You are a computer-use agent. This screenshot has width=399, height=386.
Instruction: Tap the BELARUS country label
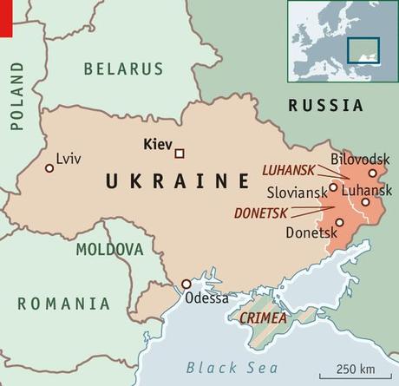122,69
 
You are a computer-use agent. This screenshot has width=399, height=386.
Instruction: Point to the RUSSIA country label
325,106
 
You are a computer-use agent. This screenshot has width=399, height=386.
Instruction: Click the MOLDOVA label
109,250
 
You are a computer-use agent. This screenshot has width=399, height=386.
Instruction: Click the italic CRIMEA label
262,319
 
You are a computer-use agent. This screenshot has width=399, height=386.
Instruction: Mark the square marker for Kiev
180,154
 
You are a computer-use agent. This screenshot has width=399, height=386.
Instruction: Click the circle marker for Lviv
49,167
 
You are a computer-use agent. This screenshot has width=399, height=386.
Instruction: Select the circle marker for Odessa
186,284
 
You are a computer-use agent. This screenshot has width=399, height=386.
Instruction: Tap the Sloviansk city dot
333,186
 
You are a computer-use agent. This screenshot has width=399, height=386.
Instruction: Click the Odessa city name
207,299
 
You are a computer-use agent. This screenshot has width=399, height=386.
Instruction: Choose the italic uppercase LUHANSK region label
287,173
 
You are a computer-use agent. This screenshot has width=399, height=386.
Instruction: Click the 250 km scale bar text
356,362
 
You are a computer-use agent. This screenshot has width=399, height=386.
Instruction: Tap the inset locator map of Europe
341,41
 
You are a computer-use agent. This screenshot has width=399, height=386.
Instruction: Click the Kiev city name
156,146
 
